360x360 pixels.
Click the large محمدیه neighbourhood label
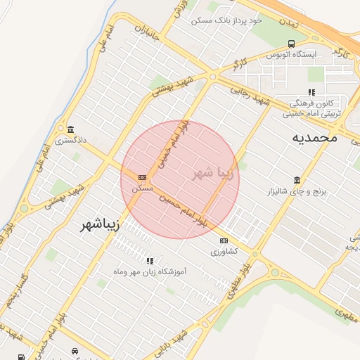click(314, 138)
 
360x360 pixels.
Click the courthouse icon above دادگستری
click(70, 129)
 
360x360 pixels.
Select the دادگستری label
click(71, 140)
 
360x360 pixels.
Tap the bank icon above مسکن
click(143, 177)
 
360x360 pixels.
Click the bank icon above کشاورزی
click(224, 240)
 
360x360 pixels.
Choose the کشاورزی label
click(224, 251)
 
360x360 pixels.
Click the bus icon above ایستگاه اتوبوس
click(290, 43)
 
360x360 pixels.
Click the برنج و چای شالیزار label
click(295, 191)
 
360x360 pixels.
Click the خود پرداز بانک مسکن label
click(226, 20)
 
